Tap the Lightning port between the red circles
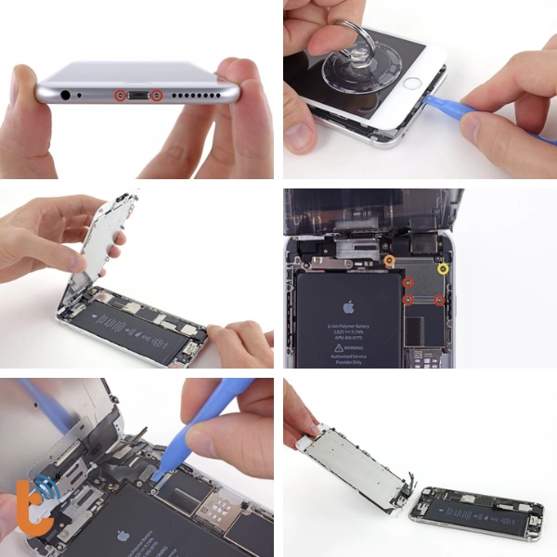point(137,96)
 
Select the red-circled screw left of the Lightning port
point(119,96)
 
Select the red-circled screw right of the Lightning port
point(156,96)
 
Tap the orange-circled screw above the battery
point(390,261)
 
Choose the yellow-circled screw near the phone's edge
point(444,268)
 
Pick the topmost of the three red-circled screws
point(407,281)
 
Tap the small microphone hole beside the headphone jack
point(84,96)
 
